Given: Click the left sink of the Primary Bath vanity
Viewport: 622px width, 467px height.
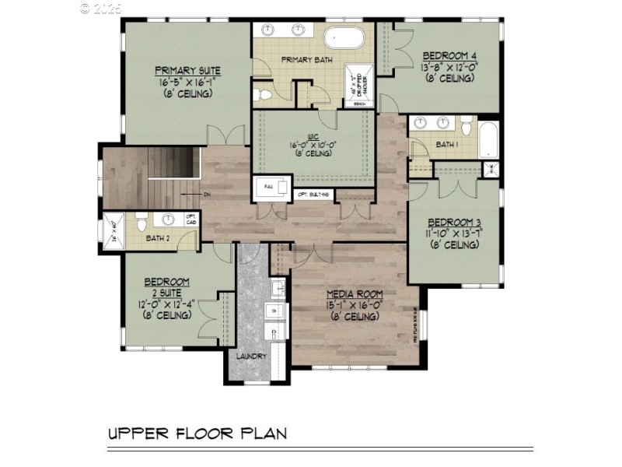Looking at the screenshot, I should [269, 30].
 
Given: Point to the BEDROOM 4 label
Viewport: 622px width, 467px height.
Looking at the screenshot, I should [449, 56].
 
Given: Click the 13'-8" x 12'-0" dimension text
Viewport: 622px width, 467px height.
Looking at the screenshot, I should [449, 68].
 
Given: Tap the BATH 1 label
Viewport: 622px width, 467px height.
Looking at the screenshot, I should [447, 145].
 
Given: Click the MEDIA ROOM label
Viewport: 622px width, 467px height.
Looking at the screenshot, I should [352, 293].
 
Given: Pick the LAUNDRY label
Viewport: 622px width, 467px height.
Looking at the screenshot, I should [252, 356].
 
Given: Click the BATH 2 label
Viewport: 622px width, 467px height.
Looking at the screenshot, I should [160, 238].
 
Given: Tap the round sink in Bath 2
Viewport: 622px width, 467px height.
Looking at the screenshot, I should [167, 220].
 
